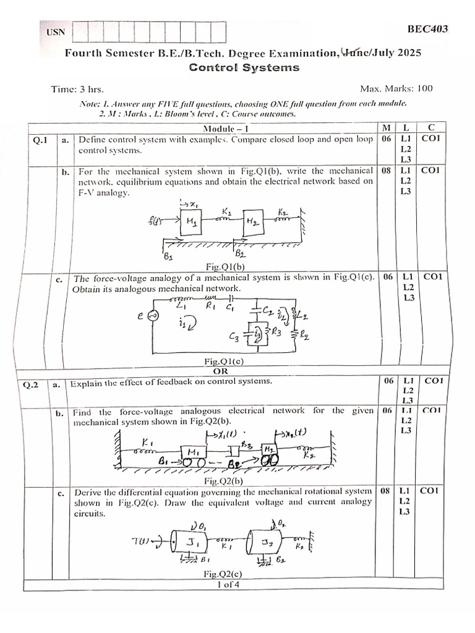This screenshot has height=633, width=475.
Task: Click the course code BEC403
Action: pos(428,29)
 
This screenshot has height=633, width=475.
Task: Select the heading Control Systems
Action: pos(244,68)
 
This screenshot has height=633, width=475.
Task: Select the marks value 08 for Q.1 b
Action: pos(386,170)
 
